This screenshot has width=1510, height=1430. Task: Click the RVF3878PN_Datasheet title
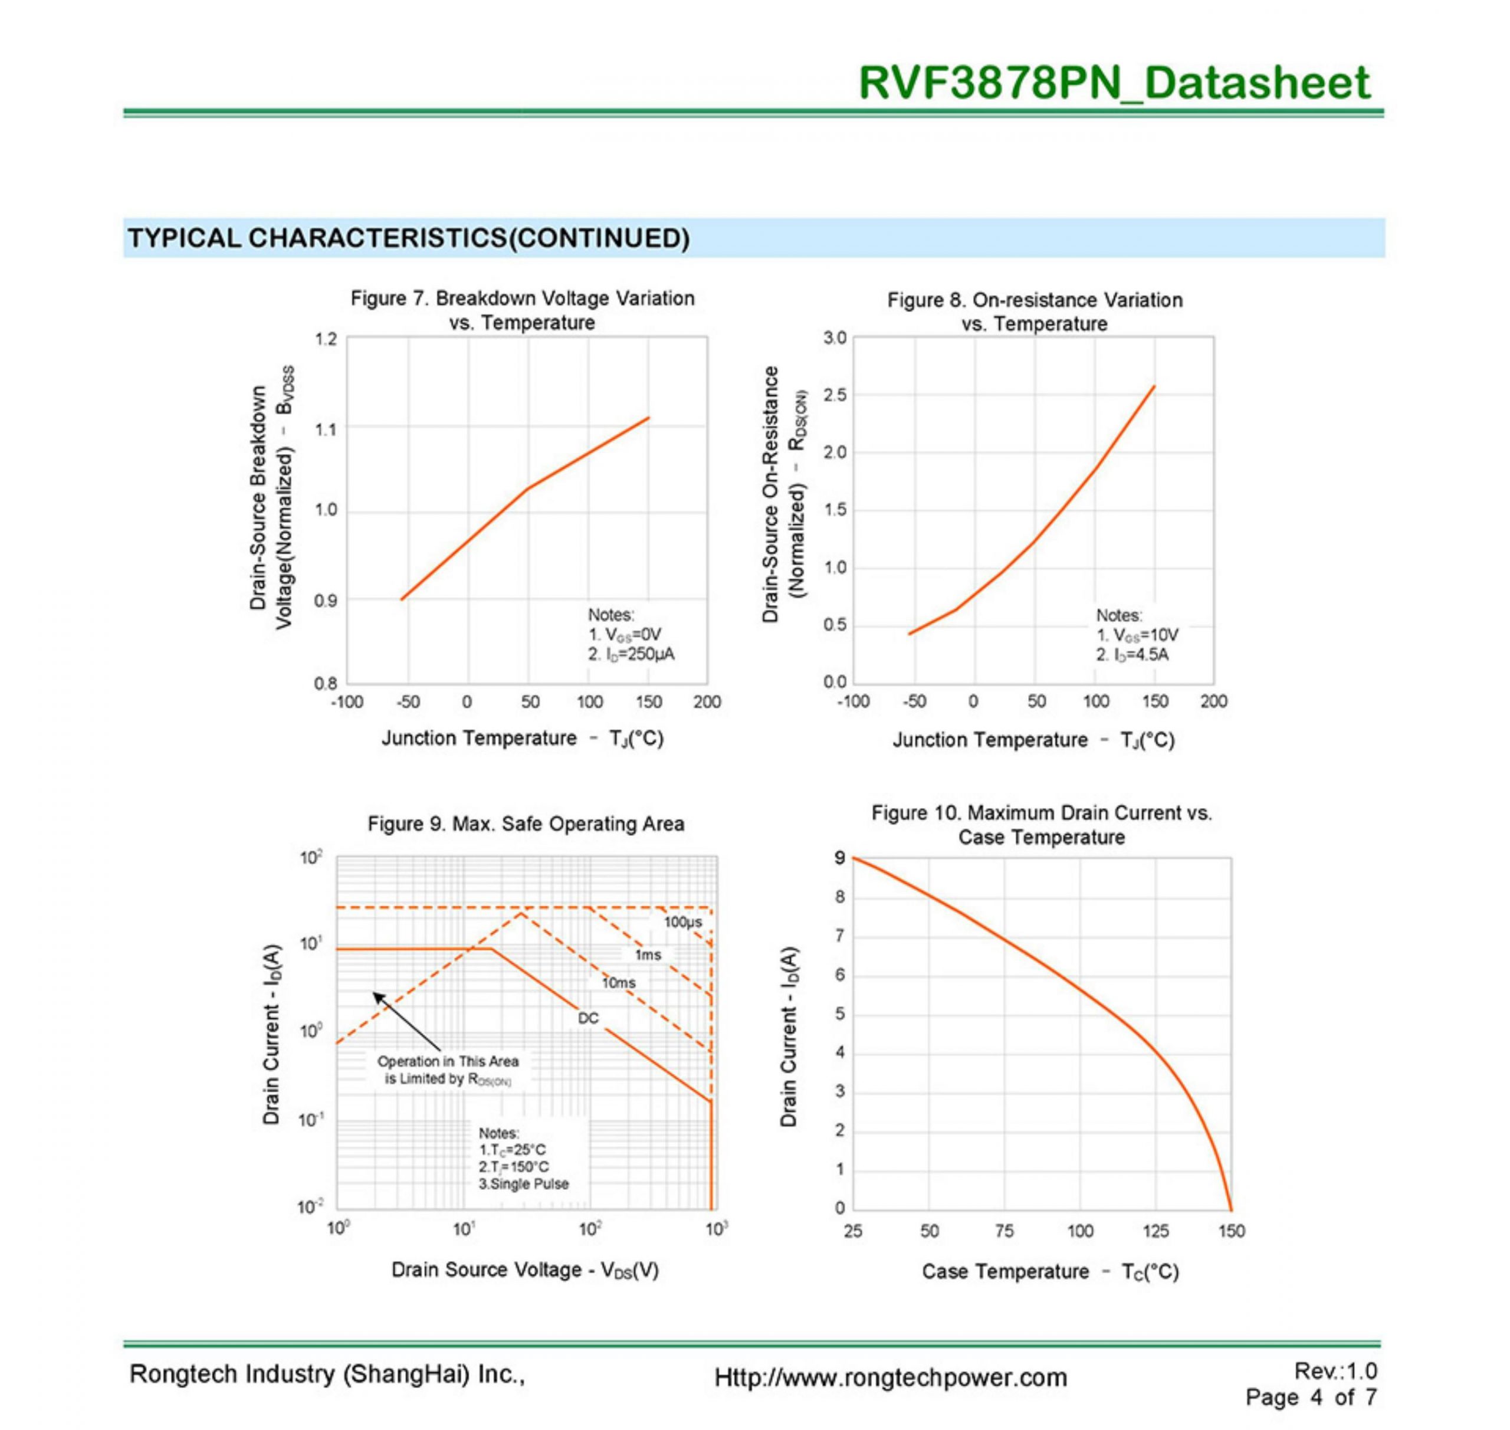pos(1114,83)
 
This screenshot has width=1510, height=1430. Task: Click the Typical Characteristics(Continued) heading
pos(409,238)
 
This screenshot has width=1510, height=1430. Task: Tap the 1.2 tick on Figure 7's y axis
pos(326,339)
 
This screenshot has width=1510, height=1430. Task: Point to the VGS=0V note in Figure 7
pos(625,634)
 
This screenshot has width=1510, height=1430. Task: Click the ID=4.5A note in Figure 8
pos(1132,655)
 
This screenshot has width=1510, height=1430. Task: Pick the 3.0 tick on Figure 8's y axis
pos(835,337)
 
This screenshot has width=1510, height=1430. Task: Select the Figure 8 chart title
pos(1035,311)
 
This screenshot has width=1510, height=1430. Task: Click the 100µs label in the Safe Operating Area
pos(682,921)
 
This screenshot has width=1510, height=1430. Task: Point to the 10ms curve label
pos(618,983)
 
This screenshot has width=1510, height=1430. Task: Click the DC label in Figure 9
pos(589,1018)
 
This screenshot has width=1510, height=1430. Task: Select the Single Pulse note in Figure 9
pos(524,1184)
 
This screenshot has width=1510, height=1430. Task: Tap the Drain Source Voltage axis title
pos(524,1268)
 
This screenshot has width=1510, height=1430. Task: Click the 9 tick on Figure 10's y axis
pos(840,858)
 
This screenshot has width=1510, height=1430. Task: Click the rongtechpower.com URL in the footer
pos(890,1377)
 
